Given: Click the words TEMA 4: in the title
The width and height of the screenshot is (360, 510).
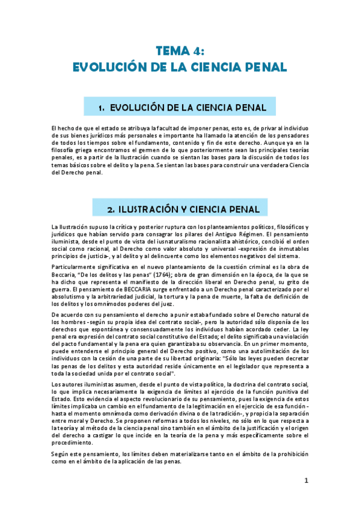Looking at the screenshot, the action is coord(180,51).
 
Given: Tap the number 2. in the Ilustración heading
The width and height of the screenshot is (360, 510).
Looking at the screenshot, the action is coord(111,209).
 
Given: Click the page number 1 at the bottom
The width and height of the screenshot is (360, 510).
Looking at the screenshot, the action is coord(306,481).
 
